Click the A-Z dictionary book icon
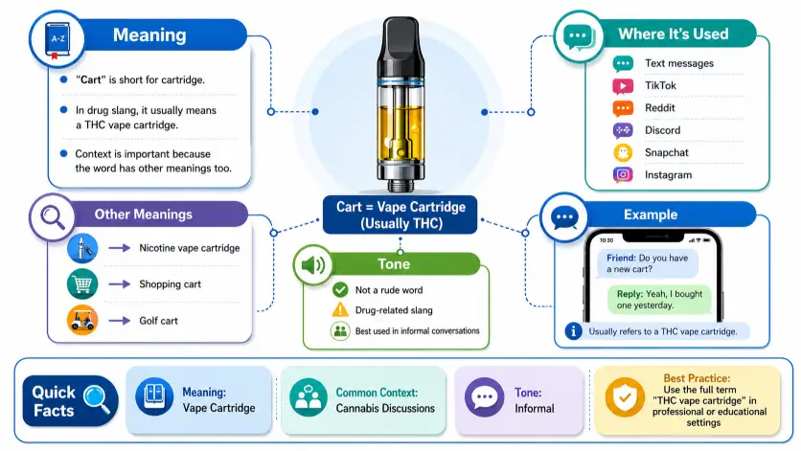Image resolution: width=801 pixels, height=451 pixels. click(57, 40)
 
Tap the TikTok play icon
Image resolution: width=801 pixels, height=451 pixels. click(623, 86)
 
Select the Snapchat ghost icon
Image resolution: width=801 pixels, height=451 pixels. click(623, 152)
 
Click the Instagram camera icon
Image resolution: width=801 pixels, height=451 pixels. click(623, 174)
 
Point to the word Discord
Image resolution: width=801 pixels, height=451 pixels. click(662, 130)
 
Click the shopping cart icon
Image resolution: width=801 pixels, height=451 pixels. click(82, 284)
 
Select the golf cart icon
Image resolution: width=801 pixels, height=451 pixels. click(82, 320)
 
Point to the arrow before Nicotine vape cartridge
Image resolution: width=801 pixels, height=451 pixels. click(120, 248)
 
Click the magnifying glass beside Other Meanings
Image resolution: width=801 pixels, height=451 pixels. click(53, 217)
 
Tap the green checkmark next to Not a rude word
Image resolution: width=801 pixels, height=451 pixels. click(340, 290)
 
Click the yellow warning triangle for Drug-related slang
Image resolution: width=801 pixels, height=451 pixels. click(340, 309)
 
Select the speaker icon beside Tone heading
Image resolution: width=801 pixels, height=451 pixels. click(313, 265)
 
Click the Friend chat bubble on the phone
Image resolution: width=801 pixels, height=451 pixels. click(648, 263)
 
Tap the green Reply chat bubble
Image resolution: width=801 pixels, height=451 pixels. click(659, 300)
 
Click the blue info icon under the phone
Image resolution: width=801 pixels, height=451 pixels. click(573, 331)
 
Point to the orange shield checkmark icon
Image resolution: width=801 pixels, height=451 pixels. click(625, 397)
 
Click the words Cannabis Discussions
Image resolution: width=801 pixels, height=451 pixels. click(385, 408)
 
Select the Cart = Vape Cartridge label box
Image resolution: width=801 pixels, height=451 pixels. click(400, 214)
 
